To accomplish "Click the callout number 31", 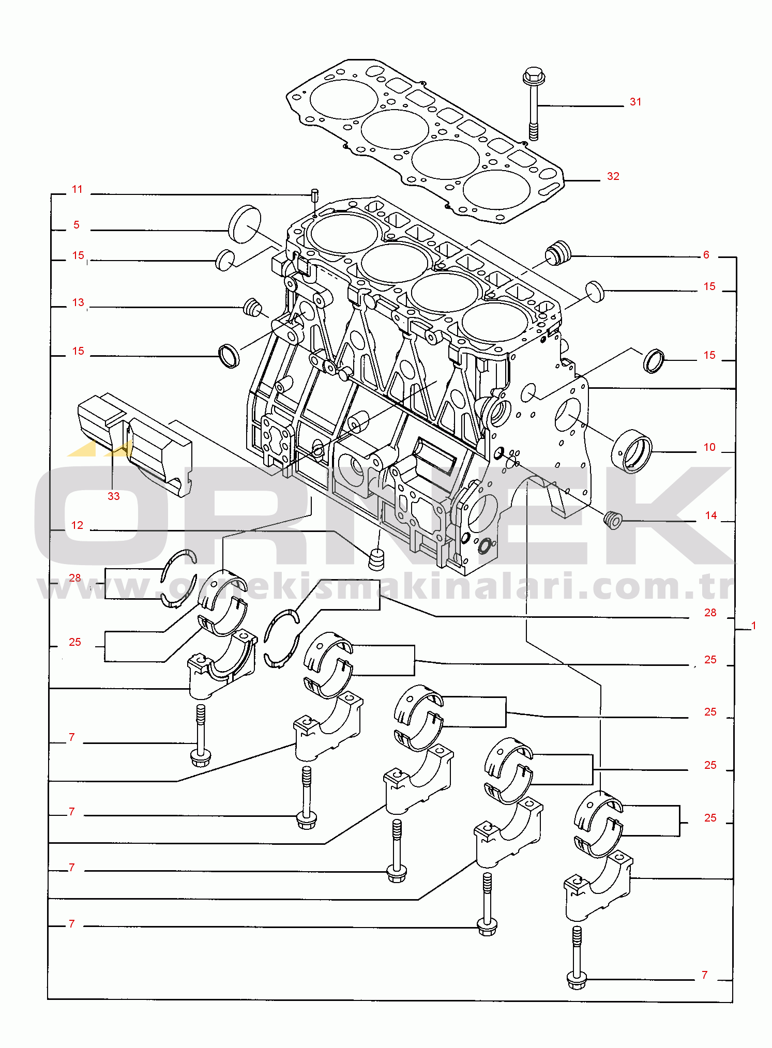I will click(x=635, y=102).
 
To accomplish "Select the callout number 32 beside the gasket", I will click(x=613, y=176).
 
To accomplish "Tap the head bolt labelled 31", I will click(x=534, y=103).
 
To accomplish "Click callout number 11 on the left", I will click(x=77, y=189).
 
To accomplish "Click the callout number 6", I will click(x=706, y=255).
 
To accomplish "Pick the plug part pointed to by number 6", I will click(x=558, y=252).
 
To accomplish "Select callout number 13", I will click(x=78, y=302).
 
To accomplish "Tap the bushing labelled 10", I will click(x=632, y=451).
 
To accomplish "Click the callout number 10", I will click(x=709, y=447).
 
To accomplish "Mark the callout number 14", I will click(x=711, y=515).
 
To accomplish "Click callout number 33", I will click(x=113, y=496).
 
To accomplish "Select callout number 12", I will click(x=77, y=525).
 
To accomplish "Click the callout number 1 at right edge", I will click(x=753, y=626).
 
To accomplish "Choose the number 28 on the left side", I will click(x=75, y=578).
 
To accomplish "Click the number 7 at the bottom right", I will click(x=704, y=975).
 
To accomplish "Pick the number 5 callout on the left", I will click(x=77, y=225).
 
